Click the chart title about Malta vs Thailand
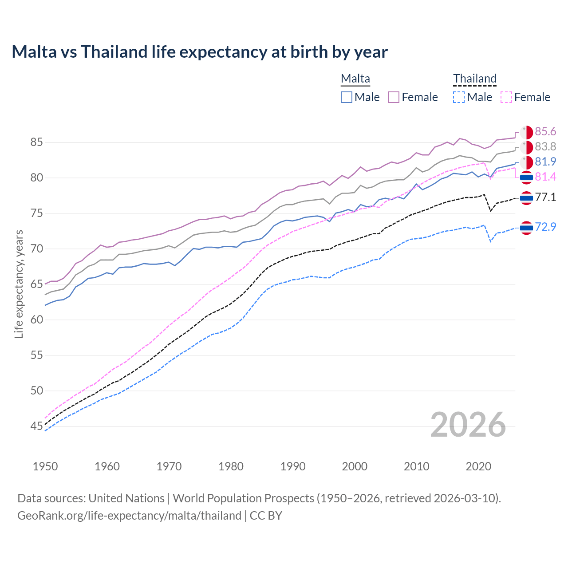(x=200, y=52)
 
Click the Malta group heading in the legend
(x=355, y=79)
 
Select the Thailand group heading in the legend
(x=474, y=79)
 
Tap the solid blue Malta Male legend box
(x=347, y=97)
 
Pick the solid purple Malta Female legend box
(x=394, y=97)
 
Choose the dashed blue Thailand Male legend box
(x=459, y=97)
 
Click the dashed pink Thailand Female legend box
(x=506, y=97)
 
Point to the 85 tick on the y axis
(x=36, y=142)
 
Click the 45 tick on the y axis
(x=36, y=426)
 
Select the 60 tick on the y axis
(x=36, y=320)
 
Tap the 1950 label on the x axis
(x=45, y=466)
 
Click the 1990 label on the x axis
(x=293, y=466)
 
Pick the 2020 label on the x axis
(x=478, y=466)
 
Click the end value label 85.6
(x=545, y=131)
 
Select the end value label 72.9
(x=545, y=227)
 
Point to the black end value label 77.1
(x=545, y=197)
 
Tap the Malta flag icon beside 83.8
(x=526, y=147)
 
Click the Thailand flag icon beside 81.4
(x=526, y=177)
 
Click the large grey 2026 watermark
(x=468, y=425)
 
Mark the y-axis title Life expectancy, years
(x=19, y=284)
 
